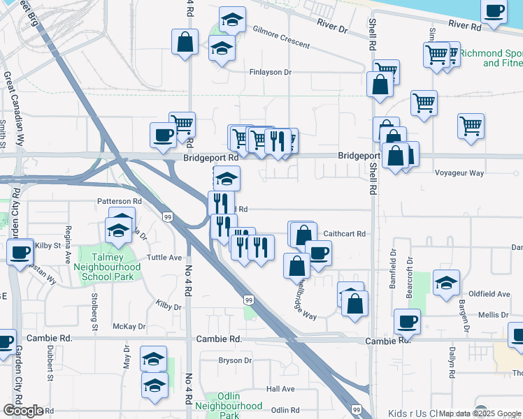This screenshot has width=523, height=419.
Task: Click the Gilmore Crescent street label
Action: coord(281,38)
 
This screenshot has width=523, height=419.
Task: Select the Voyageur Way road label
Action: coord(459,172)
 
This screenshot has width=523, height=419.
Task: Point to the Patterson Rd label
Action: coord(119,200)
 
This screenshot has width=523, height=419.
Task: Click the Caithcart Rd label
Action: coord(345,234)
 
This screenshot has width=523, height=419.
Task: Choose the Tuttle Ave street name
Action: coord(165,257)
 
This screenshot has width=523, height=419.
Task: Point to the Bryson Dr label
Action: coord(234,360)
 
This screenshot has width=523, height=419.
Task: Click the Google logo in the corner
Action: coord(23,411)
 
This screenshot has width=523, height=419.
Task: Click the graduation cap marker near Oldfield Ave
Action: coord(445,282)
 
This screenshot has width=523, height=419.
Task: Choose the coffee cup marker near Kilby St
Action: coord(20,251)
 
